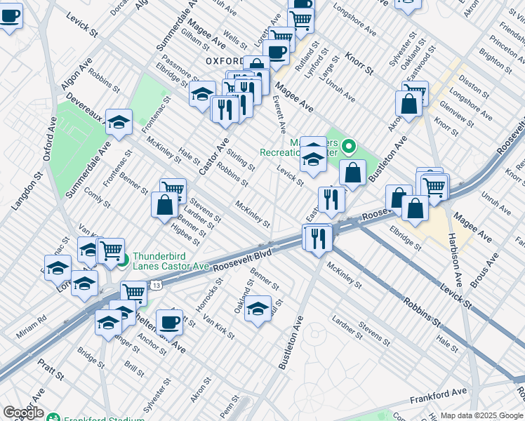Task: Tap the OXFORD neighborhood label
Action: [224, 62]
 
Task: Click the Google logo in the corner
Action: [22, 413]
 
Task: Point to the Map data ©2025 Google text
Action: [481, 415]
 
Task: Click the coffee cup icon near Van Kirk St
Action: [169, 322]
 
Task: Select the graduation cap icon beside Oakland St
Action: [258, 307]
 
